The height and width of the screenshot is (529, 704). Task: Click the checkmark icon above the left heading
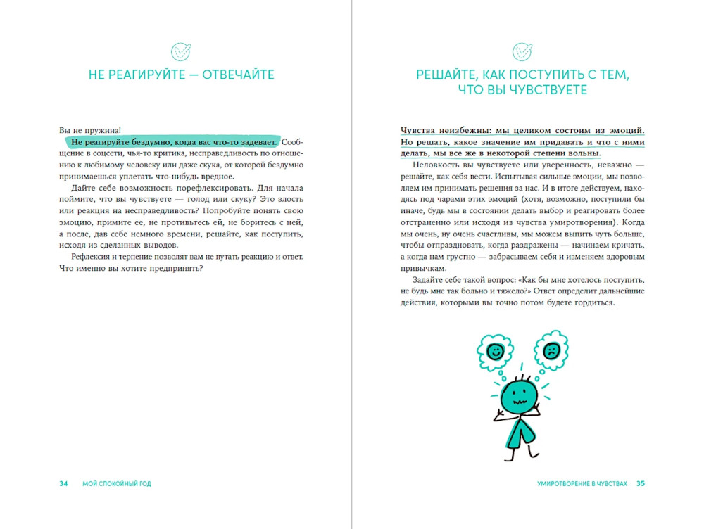tap(182, 51)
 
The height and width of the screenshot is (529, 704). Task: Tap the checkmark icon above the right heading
tap(522, 51)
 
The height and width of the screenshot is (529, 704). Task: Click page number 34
tap(63, 483)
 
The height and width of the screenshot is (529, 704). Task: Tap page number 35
tap(640, 483)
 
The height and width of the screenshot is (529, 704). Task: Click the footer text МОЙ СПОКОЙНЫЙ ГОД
tap(116, 483)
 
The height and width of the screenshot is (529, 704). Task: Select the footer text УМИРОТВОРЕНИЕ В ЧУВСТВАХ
tap(582, 483)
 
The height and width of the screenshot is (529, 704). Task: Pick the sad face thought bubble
tap(551, 349)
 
